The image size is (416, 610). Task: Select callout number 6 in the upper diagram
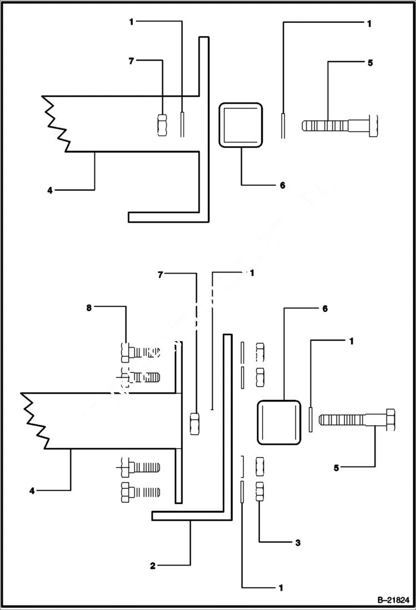tap(282, 185)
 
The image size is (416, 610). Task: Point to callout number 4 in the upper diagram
tap(49, 190)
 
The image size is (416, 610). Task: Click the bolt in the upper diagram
tap(340, 124)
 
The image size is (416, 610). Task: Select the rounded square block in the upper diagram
tap(241, 125)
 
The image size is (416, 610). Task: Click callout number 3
tap(298, 542)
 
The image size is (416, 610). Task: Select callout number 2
tap(152, 566)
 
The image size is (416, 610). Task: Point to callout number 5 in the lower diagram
tap(336, 468)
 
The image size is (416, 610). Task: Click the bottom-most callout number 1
tap(281, 587)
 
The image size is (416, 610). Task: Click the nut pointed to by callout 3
tap(259, 492)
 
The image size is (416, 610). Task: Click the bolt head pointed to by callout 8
tap(125, 351)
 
